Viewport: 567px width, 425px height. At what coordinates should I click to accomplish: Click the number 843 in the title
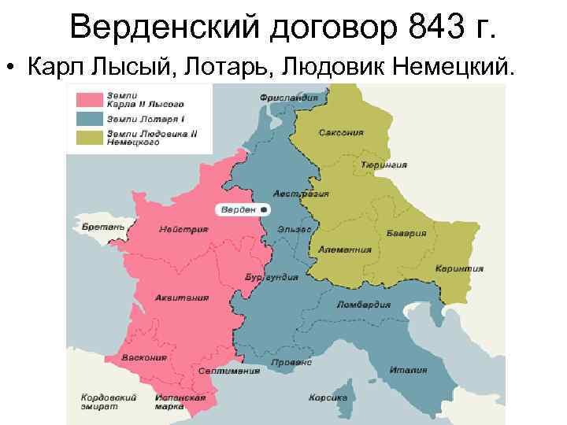(428, 29)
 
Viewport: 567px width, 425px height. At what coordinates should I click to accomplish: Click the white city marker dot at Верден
(265, 210)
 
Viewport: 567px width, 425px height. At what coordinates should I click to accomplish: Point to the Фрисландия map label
(289, 98)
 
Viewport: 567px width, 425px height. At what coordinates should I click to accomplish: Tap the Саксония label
(341, 133)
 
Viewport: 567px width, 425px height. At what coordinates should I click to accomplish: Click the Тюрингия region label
(384, 165)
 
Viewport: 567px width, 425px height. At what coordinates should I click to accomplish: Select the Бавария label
(406, 234)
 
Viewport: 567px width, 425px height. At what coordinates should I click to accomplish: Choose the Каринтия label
(459, 268)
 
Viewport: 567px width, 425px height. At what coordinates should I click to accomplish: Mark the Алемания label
(345, 249)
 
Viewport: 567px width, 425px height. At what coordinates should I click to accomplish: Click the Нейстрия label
(183, 230)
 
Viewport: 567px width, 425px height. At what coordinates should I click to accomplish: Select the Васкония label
(145, 357)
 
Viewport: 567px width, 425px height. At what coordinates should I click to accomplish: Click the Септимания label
(229, 371)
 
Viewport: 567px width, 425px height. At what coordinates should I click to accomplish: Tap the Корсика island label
(328, 397)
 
